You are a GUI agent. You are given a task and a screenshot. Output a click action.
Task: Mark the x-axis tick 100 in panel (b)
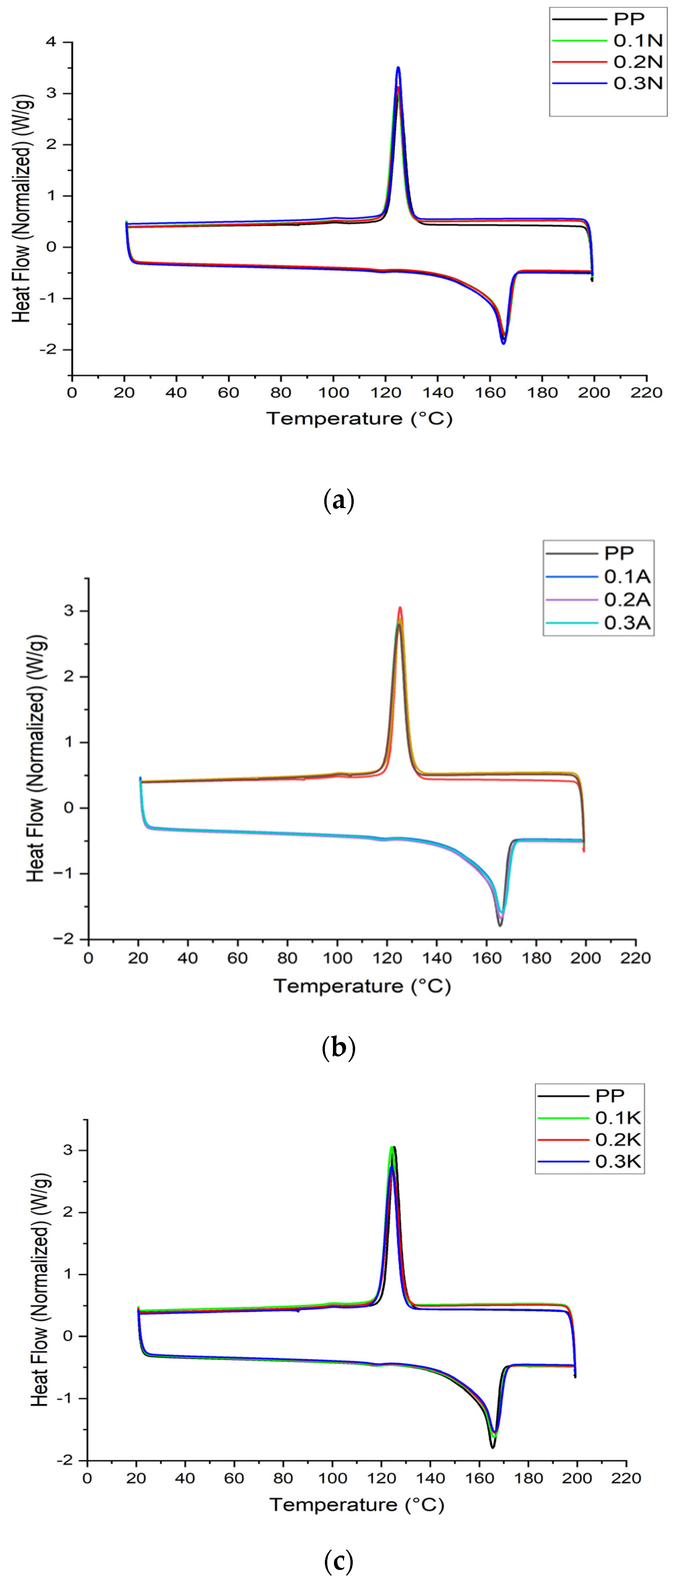point(337,958)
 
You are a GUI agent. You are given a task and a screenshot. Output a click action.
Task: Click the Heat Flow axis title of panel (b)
point(37,759)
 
